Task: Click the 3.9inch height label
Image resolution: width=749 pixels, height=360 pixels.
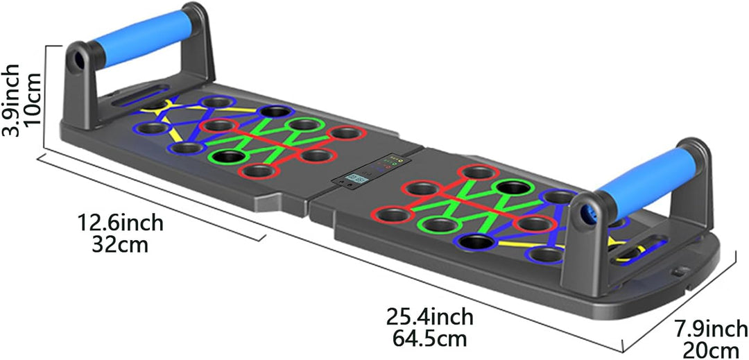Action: pyautogui.click(x=11, y=101)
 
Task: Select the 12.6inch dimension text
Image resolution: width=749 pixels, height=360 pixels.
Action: pyautogui.click(x=121, y=223)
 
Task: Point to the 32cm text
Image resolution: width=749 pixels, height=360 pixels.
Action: pyautogui.click(x=120, y=244)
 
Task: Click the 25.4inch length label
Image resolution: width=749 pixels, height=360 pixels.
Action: pyautogui.click(x=430, y=316)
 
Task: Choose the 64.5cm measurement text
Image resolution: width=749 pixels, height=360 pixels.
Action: pyautogui.click(x=429, y=338)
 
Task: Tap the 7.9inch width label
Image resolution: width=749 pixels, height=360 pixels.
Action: pyautogui.click(x=712, y=329)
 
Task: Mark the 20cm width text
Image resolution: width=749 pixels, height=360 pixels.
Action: pyautogui.click(x=712, y=349)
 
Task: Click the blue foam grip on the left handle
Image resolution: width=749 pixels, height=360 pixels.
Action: pyautogui.click(x=141, y=38)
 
